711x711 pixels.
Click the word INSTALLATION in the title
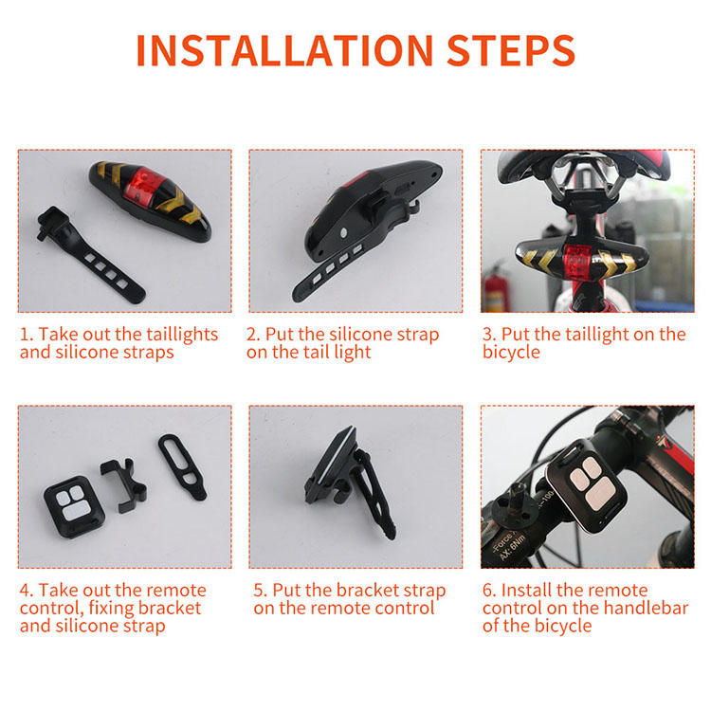coord(284,50)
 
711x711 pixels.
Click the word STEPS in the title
coord(511,50)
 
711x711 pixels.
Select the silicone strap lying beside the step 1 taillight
coord(91,255)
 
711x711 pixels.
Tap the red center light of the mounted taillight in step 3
coord(576,262)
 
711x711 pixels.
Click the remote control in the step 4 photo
coord(74,506)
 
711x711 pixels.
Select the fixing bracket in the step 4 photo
coord(123,484)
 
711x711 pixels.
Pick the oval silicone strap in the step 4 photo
coord(182,467)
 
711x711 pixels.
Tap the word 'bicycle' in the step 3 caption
coord(511,353)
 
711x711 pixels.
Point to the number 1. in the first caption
coord(27,335)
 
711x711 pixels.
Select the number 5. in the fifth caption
coord(261,591)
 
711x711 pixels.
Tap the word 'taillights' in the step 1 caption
coord(180,336)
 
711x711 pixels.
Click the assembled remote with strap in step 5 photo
coord(349,482)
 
